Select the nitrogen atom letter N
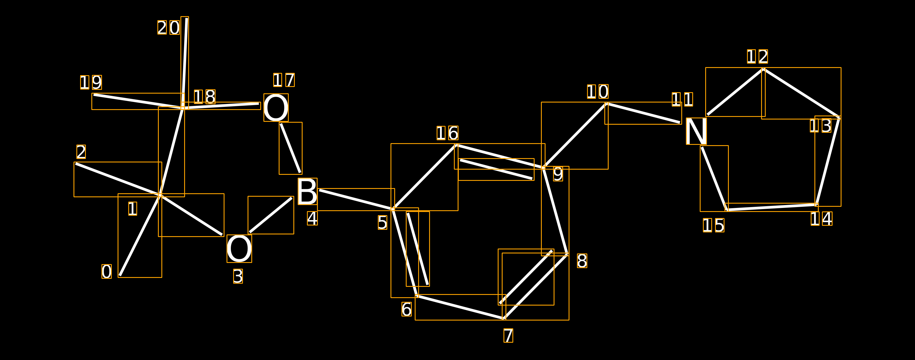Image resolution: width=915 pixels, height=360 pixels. pyautogui.click(x=696, y=131)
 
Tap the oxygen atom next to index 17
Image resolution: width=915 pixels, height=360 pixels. pyautogui.click(x=276, y=108)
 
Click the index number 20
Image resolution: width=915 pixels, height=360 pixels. pyautogui.click(x=169, y=28)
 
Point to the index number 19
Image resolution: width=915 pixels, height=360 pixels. pyautogui.click(x=91, y=82)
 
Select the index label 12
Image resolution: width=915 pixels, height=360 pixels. pyautogui.click(x=757, y=56)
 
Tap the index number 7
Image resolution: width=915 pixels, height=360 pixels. pyautogui.click(x=508, y=336)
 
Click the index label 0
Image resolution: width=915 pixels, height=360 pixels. pyautogui.click(x=107, y=272)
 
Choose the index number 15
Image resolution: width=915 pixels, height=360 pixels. pyautogui.click(x=714, y=226)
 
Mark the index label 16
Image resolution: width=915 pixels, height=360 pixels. pyautogui.click(x=448, y=133)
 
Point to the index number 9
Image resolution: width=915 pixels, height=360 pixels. pyautogui.click(x=558, y=174)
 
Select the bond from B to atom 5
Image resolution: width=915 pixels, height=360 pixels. pyautogui.click(x=356, y=200)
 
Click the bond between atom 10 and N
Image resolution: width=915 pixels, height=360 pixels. pyautogui.click(x=643, y=113)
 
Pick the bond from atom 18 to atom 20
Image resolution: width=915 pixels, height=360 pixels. pyautogui.click(x=185, y=62)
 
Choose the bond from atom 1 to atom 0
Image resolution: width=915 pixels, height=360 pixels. pyautogui.click(x=140, y=235)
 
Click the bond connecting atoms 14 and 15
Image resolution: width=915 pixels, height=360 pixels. pyautogui.click(x=771, y=207)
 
